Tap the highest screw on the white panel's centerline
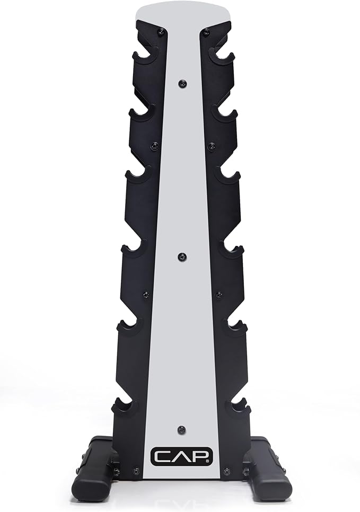tap(182, 84)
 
